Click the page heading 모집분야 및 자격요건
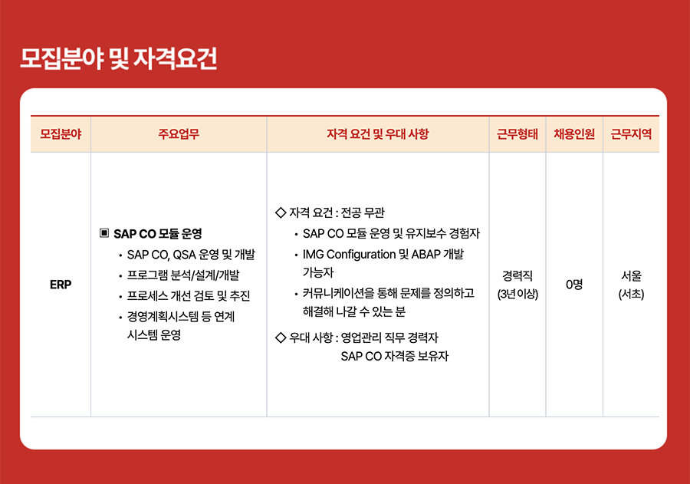119,58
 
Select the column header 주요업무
179,134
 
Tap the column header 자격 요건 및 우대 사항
377,134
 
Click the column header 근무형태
517,134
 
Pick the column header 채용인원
574,134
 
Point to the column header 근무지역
631,134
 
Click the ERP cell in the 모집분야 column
61,285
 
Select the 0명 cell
574,285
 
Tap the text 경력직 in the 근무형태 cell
517,275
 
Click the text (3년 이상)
517,294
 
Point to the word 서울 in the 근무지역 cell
631,275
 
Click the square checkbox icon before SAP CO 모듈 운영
104,232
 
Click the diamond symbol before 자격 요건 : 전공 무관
281,212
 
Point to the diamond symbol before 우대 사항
281,337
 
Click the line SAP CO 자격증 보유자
395,356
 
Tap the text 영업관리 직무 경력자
390,337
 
